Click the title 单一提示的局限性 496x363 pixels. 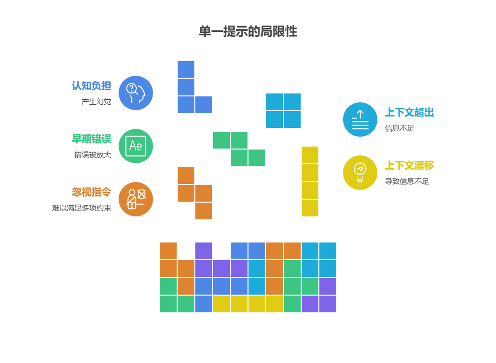tap(248, 31)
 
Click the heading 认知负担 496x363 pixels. tap(92, 86)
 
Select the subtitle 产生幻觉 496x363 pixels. tap(96, 102)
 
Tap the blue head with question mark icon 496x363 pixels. tap(136, 93)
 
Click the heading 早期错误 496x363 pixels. tap(92, 139)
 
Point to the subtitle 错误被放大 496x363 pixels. tap(93, 155)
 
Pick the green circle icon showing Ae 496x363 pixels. tap(136, 146)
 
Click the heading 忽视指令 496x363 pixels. tap(92, 192)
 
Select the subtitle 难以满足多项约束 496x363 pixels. tap(82, 208)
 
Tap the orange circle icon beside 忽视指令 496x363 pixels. tap(136, 199)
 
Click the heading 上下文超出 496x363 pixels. tap(409, 112)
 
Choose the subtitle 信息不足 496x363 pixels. tap(400, 128)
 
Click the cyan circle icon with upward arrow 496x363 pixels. tap(360, 120)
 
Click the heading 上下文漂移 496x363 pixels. tap(409, 165)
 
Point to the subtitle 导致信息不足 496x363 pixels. tap(406, 181)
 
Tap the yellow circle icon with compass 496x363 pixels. tap(360, 173)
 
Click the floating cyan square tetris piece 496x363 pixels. tap(283, 111)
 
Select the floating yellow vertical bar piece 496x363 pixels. tap(310, 181)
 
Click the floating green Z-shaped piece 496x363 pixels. tap(239, 149)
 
